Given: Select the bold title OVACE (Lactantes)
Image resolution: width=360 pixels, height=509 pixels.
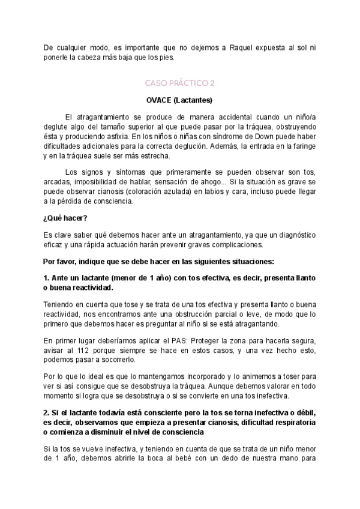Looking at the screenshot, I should click(179, 100).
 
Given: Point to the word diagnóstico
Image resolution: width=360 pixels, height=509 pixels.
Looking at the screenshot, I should click(292, 235).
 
